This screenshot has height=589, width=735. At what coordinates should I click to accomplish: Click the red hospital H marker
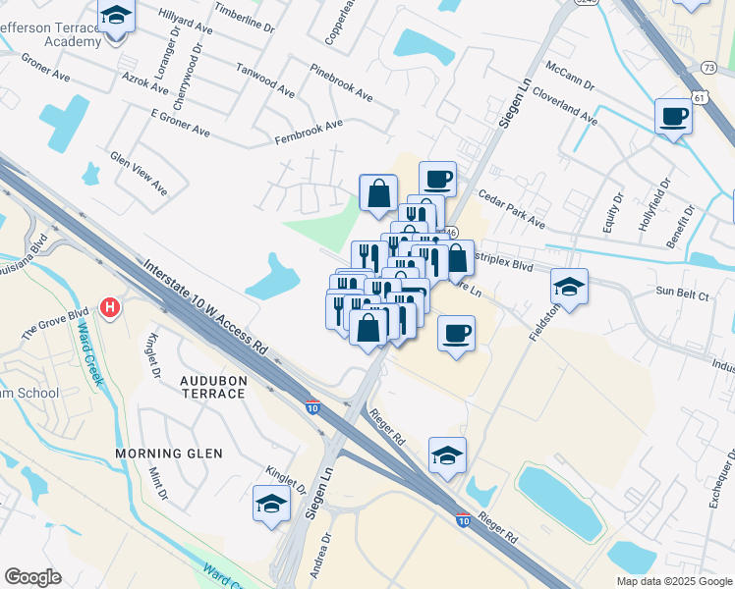click(x=111, y=307)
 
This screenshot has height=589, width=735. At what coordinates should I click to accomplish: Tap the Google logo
click(x=32, y=577)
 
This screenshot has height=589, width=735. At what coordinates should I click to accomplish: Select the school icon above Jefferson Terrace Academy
click(x=117, y=17)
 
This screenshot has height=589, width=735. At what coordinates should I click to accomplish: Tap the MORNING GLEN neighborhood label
click(x=169, y=454)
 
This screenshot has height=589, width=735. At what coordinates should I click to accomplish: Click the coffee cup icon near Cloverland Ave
click(x=673, y=116)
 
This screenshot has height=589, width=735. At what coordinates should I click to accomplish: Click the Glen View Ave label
click(x=139, y=173)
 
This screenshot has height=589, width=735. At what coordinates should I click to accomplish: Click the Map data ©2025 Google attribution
click(x=673, y=581)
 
